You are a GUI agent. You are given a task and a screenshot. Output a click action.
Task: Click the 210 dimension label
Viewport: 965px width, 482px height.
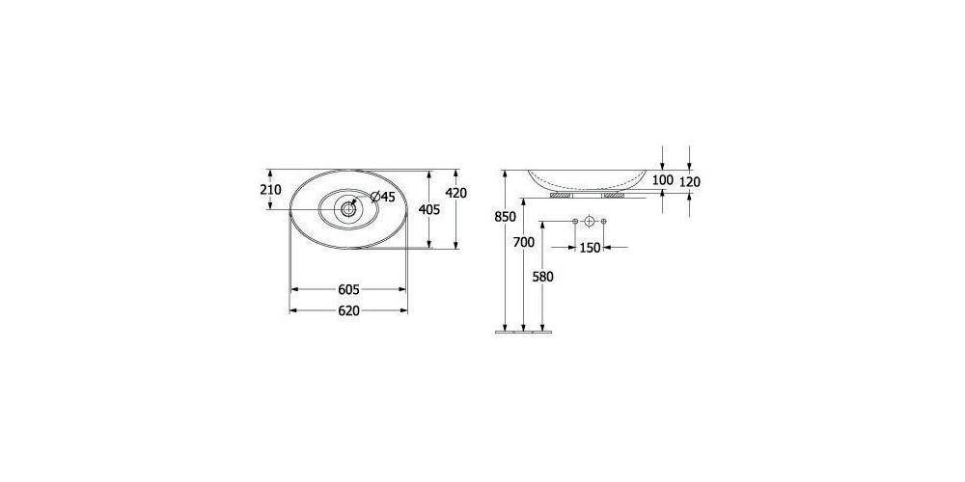click(270, 190)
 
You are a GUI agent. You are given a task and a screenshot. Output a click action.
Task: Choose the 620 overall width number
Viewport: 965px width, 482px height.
click(348, 310)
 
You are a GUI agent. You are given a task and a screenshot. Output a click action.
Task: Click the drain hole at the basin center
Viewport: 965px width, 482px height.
click(347, 207)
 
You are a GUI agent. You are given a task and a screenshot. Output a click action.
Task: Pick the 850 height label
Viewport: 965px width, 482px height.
click(505, 217)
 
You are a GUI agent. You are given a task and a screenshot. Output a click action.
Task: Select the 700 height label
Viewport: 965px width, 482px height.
click(523, 243)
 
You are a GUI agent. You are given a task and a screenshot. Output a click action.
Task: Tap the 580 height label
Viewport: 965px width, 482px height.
click(543, 277)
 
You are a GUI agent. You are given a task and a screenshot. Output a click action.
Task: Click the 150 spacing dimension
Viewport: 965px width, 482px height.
click(589, 248)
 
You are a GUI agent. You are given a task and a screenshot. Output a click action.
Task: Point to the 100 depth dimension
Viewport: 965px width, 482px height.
click(662, 180)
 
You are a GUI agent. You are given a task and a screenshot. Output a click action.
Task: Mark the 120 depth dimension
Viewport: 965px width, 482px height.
click(689, 180)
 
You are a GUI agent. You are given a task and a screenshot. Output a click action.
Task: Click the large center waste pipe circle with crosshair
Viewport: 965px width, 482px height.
click(589, 223)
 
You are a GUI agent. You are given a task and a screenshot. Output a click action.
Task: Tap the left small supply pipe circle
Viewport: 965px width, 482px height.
click(574, 223)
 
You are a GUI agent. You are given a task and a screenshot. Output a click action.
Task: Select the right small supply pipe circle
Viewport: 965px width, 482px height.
click(603, 223)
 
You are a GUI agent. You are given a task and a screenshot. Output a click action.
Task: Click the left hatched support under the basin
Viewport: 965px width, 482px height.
click(560, 194)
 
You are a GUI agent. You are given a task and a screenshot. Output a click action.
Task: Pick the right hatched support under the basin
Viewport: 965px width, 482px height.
click(614, 194)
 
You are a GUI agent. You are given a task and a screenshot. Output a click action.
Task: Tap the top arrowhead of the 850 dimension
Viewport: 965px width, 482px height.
click(505, 174)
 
